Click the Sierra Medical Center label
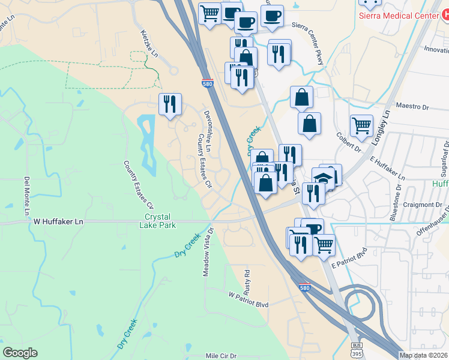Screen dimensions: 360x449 coord(399,16)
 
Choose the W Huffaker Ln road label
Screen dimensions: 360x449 coord(58,221)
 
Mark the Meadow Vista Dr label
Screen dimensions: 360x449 coord(208,251)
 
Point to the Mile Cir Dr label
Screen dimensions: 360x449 coord(221,356)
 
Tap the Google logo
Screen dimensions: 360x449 coord(20,353)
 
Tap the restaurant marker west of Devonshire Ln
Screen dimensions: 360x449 coord(170,104)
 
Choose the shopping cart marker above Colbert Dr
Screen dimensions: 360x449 coord(361,126)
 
